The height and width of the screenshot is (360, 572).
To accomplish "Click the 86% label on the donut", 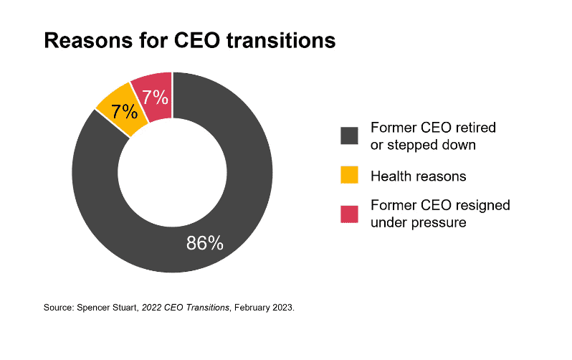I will point(205,243).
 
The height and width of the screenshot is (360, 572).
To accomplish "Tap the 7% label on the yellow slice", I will point(123,111).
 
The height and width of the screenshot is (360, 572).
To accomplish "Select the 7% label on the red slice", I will point(154,97).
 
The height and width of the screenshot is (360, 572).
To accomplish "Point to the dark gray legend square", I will point(349,136).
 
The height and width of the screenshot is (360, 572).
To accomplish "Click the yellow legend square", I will point(349,175).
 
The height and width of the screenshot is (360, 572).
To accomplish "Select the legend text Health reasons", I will point(418,176).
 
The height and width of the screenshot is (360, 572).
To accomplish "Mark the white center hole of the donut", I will point(172,172).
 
